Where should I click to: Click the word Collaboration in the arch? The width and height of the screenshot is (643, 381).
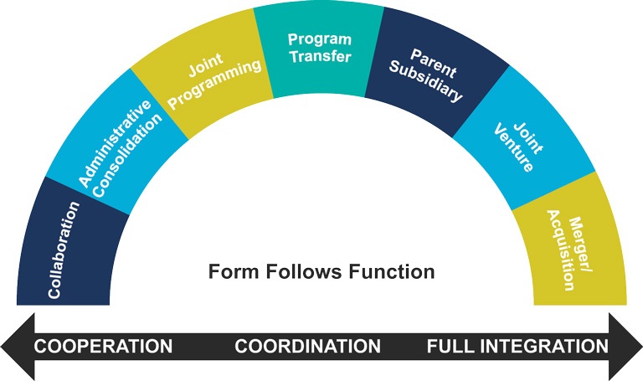click(x=64, y=250)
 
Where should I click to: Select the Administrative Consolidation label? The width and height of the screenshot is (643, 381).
click(x=121, y=148)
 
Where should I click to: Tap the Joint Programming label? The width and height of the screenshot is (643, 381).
click(x=214, y=80)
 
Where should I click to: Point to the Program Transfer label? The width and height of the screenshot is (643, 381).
click(x=320, y=48)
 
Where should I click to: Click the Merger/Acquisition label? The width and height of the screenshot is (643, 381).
click(x=570, y=250)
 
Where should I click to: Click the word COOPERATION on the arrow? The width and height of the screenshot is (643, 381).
click(x=103, y=346)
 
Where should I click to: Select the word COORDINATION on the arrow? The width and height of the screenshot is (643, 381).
click(x=307, y=346)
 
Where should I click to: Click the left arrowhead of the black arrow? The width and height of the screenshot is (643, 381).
click(x=18, y=347)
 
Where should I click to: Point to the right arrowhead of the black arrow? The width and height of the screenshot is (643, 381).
click(x=625, y=347)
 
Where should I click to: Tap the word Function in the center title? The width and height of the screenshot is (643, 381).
click(x=392, y=271)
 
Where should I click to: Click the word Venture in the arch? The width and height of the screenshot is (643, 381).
click(x=513, y=148)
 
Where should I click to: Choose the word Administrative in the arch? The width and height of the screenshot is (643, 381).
click(x=114, y=143)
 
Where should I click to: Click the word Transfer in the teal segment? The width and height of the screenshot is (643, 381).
click(x=321, y=56)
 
